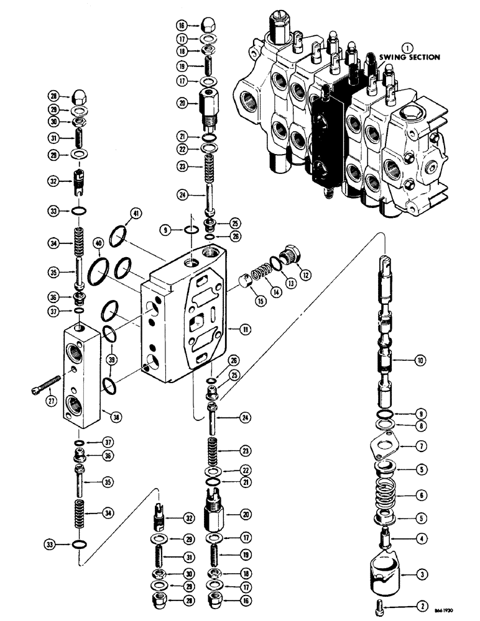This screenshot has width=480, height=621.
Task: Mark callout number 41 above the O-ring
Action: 136,215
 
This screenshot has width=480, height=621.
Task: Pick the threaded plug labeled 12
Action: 288,255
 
